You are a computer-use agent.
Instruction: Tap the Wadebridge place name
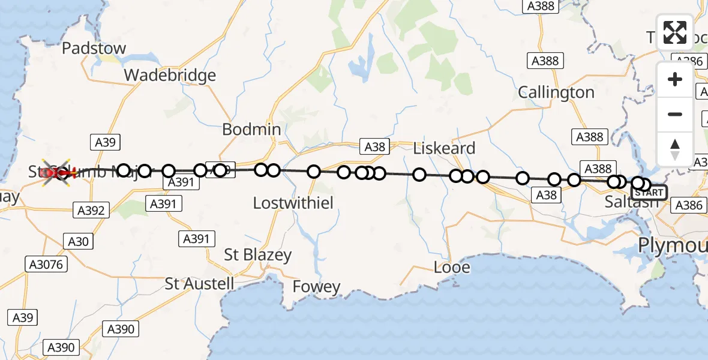[x=170, y=76]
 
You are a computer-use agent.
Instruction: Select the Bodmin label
[x=251, y=129]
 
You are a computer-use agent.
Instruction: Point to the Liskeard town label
[x=445, y=148]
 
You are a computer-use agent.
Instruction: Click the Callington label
[x=556, y=92]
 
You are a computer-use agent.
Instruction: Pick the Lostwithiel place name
[x=293, y=203]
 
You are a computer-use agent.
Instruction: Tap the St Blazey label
[x=258, y=254]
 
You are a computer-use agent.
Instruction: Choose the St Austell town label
[x=200, y=283]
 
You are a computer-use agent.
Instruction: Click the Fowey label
[x=316, y=287]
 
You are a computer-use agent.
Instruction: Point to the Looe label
[x=452, y=267]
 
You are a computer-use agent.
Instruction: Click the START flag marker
[x=649, y=193]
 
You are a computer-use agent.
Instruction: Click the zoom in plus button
[x=675, y=80]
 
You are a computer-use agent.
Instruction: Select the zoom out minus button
[x=675, y=114]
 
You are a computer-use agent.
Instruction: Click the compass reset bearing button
[x=675, y=149]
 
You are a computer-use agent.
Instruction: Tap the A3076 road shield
[x=46, y=264]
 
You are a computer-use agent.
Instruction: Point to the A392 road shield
[x=91, y=211]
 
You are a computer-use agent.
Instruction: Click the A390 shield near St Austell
[x=121, y=328]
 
